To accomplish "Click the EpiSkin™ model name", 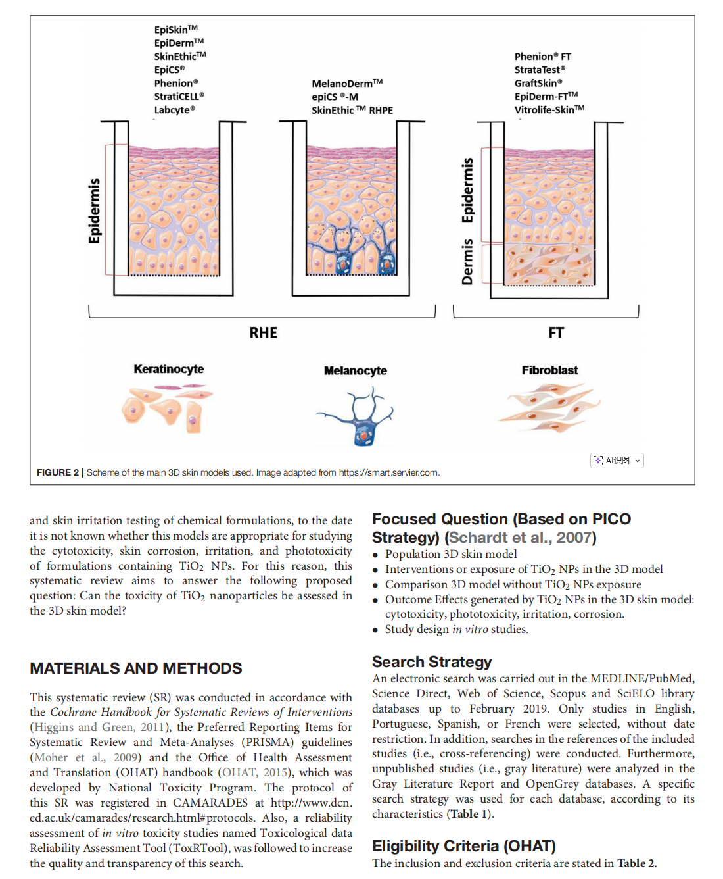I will [x=175, y=30].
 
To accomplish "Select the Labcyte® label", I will [x=174, y=110].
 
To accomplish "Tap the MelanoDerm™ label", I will [x=346, y=84].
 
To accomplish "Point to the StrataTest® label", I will [x=539, y=70].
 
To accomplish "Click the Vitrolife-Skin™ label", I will [x=549, y=110].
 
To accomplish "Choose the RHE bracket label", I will [x=263, y=333].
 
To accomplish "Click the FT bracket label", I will [x=556, y=333].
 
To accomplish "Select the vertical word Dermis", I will [x=467, y=262].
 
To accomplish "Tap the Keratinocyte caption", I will [x=169, y=369].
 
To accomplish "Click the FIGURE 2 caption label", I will [x=58, y=472].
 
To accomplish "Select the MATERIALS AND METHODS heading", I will [x=136, y=668].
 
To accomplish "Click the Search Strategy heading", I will [x=432, y=662].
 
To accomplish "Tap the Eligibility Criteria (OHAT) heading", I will [x=463, y=846].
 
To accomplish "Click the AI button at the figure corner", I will [x=617, y=461].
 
